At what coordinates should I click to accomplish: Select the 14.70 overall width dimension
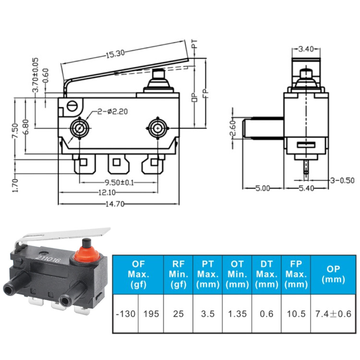click(x=117, y=204)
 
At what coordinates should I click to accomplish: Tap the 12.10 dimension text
click(x=117, y=193)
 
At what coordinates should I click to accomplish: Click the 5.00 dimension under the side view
click(x=262, y=189)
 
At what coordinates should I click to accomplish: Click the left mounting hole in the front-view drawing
click(x=78, y=128)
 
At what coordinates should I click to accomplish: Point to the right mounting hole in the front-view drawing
click(x=156, y=128)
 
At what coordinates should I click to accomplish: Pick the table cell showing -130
click(x=125, y=313)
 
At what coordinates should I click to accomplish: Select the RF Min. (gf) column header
click(x=179, y=275)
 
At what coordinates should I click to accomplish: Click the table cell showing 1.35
click(x=237, y=313)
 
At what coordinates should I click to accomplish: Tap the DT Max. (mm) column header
click(x=267, y=275)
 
